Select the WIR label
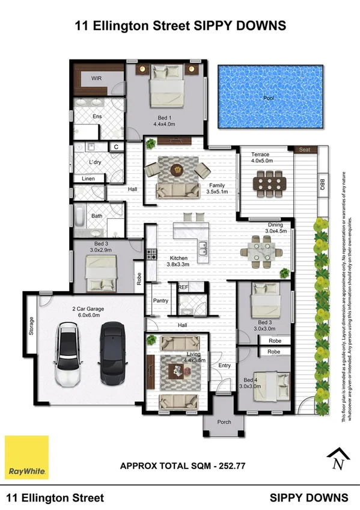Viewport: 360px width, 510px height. pos(96,79)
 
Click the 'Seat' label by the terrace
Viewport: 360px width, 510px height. pos(304,149)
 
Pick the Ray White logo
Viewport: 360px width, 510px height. pos(26,458)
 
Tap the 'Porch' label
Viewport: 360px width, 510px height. pos(224,422)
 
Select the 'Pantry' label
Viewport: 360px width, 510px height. pos(160,301)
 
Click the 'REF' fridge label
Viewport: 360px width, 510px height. pos(183,287)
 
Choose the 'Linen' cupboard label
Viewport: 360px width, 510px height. pos(88,179)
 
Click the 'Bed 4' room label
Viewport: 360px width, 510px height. pos(251,380)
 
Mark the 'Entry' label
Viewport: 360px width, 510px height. pos(224,365)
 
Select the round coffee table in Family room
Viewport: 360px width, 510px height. pos(177,170)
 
